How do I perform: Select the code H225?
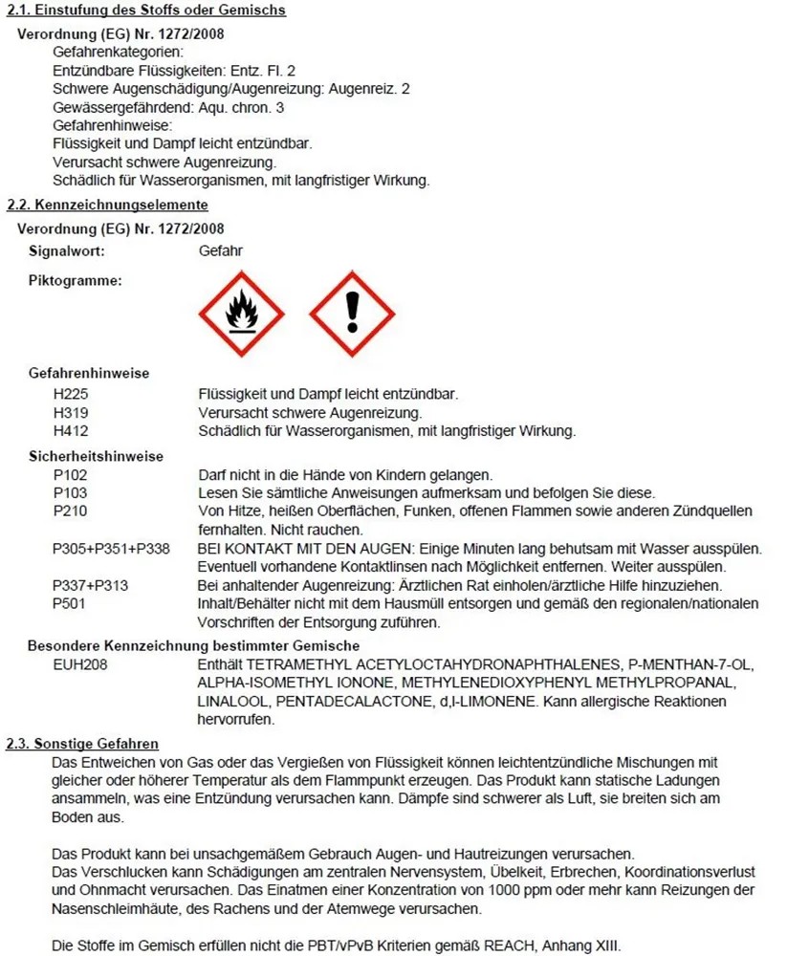click(72, 394)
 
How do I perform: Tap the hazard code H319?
click(72, 413)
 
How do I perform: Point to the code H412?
click(72, 431)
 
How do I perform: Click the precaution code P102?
click(72, 475)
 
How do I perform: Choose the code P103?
click(72, 493)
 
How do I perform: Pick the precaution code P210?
click(72, 511)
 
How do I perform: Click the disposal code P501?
click(72, 604)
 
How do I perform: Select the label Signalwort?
click(66, 250)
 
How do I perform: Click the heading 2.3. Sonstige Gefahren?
click(82, 744)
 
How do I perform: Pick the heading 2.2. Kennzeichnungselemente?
click(107, 205)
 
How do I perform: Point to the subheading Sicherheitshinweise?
click(96, 457)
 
